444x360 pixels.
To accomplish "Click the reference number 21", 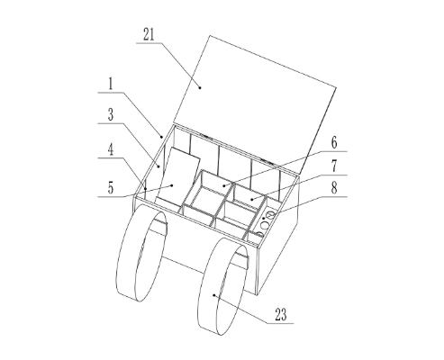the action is [149, 34].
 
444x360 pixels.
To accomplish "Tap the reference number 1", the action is [111, 84].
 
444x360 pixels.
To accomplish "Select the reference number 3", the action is [111, 114].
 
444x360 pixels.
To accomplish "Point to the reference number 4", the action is [111, 149].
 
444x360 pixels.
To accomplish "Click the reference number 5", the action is [111, 188].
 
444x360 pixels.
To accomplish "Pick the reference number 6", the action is [334, 143].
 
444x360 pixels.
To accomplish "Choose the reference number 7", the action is [334, 166].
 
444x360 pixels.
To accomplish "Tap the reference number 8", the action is [334, 188].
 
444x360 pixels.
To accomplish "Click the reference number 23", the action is [281, 315].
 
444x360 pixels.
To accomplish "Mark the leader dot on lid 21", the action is [200, 87].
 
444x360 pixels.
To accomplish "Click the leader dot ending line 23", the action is [213, 295].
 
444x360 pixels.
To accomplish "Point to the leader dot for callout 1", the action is [161, 137].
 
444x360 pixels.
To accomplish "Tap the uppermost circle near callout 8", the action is [270, 215].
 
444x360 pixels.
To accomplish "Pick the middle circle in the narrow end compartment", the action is [264, 225].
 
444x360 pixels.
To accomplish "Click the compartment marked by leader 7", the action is [249, 195].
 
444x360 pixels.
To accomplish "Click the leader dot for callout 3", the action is [159, 166].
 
